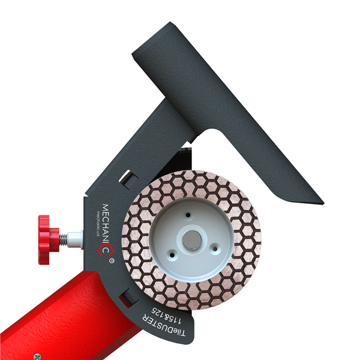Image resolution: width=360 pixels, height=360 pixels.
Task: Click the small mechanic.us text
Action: click(x=94, y=224)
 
